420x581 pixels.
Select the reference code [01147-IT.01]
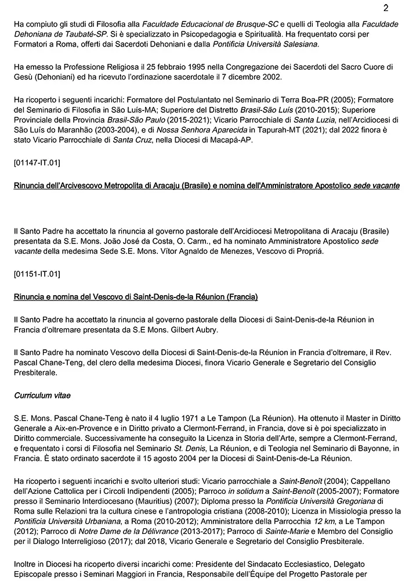37,162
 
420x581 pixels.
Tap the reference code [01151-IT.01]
37,273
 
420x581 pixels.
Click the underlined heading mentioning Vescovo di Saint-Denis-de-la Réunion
136,297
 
